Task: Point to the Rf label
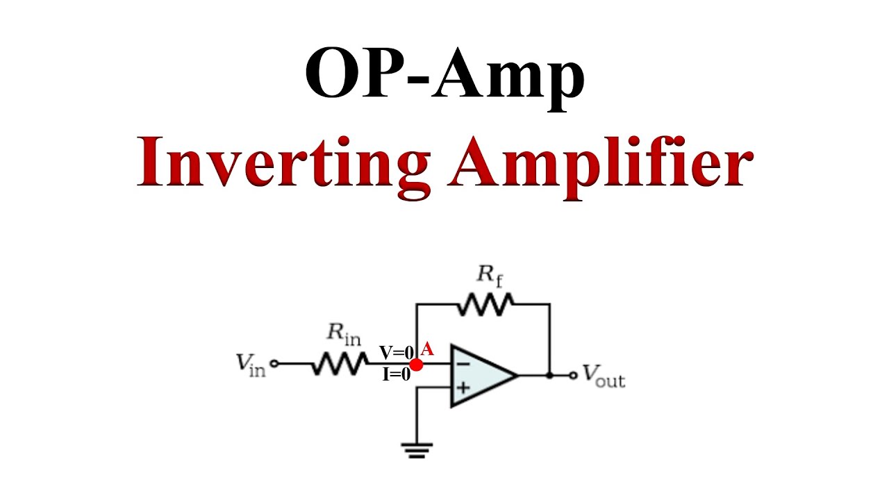click(x=489, y=275)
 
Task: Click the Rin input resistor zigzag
click(x=340, y=363)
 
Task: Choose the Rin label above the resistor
click(x=344, y=334)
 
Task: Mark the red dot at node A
click(x=417, y=364)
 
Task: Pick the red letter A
click(x=427, y=349)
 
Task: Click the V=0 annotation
click(x=397, y=352)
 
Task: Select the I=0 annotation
click(x=396, y=375)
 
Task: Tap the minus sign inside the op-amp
click(x=462, y=363)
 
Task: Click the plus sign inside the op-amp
click(x=462, y=387)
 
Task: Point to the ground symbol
click(x=417, y=449)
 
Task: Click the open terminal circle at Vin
click(x=274, y=363)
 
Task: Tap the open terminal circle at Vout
click(x=572, y=376)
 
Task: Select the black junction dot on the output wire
click(x=549, y=376)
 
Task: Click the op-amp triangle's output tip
click(x=517, y=376)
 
